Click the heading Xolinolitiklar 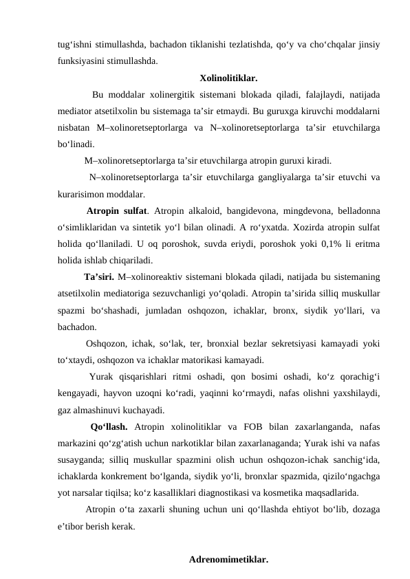pos(228,77)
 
